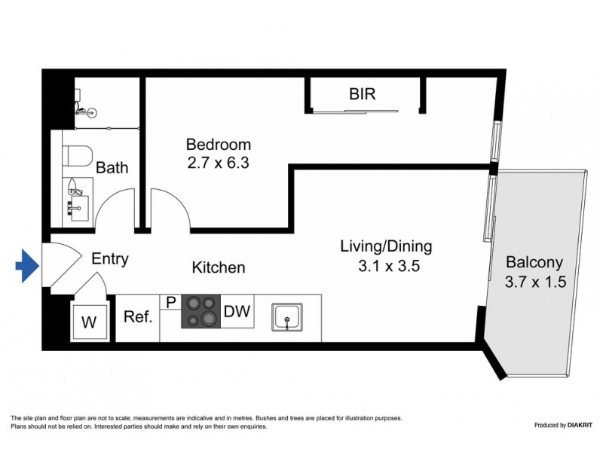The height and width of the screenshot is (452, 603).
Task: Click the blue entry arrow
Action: (x=28, y=266)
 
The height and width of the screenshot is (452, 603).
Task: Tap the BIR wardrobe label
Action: (x=363, y=94)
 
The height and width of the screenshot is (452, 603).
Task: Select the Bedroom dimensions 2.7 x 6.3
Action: (x=218, y=163)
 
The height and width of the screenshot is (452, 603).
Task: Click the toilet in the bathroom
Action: (x=78, y=156)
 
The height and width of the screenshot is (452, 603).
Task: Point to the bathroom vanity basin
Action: (x=79, y=209)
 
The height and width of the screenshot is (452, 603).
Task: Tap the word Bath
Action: (x=112, y=167)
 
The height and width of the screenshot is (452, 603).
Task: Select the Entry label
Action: (x=110, y=259)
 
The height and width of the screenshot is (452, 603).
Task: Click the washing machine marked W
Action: (x=89, y=322)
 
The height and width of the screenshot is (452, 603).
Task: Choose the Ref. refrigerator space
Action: (x=138, y=317)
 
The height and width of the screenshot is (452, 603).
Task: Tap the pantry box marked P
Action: (x=170, y=302)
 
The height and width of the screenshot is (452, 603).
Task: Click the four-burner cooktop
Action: (x=200, y=311)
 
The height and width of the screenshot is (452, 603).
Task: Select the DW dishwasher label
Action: (x=237, y=311)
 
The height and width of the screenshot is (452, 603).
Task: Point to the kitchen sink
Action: (x=287, y=316)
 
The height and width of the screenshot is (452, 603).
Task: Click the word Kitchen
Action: (x=219, y=267)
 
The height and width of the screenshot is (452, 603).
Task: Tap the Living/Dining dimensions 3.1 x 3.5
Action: (x=389, y=266)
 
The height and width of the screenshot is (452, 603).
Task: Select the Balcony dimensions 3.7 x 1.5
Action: (x=535, y=282)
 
